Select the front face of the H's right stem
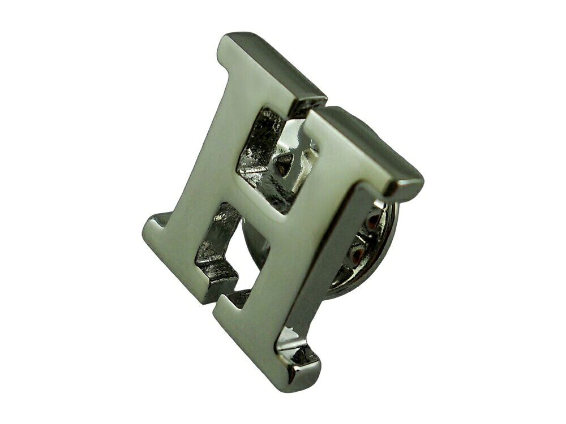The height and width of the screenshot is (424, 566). pyautogui.click(x=289, y=245)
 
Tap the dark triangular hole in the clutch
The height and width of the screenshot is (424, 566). pyautogui.click(x=285, y=162)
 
